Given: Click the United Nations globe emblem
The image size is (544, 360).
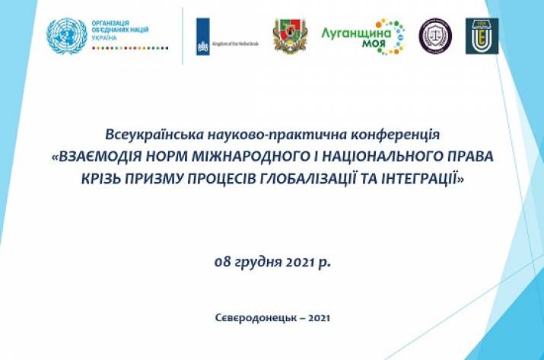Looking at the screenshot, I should pyautogui.click(x=66, y=36).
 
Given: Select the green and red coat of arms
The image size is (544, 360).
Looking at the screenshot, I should pyautogui.click(x=290, y=36).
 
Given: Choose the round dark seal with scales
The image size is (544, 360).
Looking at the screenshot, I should pyautogui.click(x=435, y=35).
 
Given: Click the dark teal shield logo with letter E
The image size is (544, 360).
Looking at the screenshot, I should pyautogui.click(x=482, y=35).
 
